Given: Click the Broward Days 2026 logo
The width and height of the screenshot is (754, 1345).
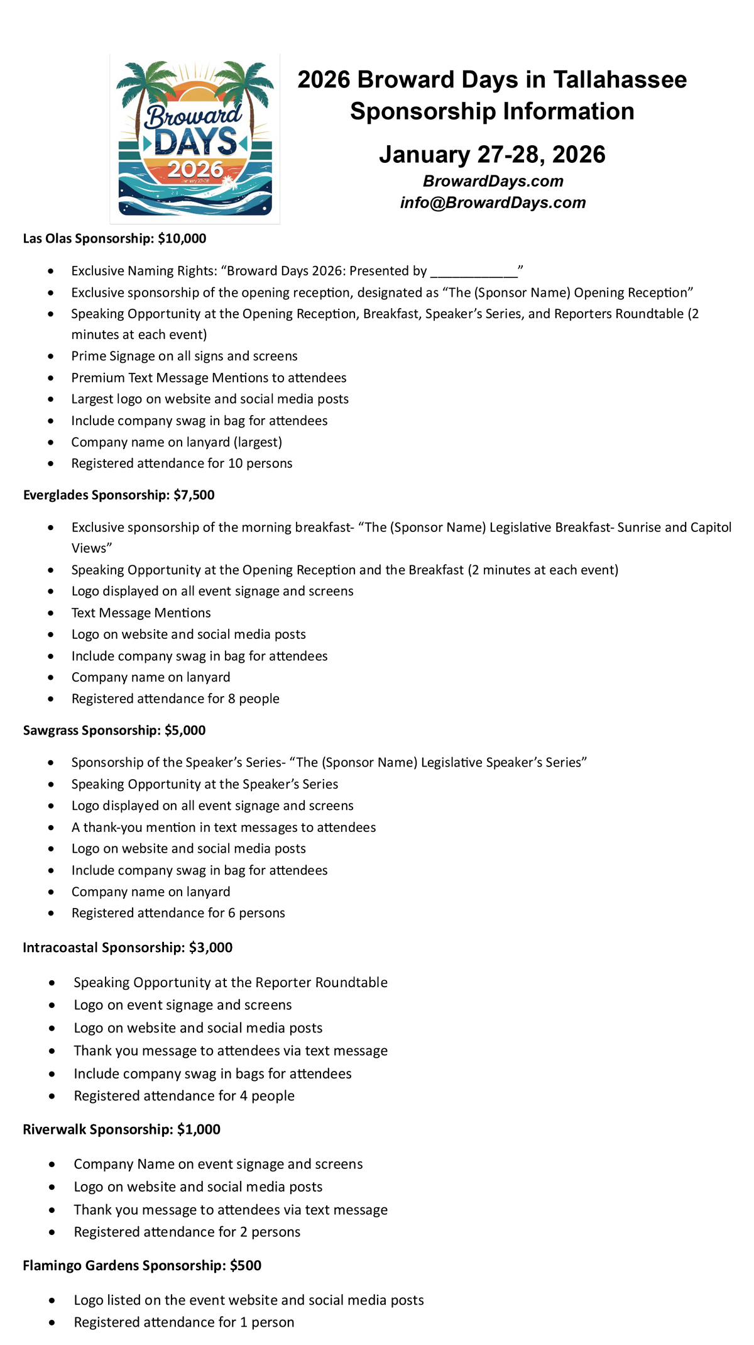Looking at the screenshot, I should pos(195,138).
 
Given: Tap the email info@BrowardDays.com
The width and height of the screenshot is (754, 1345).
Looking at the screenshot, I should pos(493,202).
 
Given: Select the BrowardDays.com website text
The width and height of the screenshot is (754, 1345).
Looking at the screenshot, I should pos(493,181).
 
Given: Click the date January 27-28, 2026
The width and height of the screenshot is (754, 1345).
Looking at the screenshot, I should pos(492,155).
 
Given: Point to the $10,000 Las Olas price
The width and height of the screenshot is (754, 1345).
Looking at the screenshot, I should pos(182,238).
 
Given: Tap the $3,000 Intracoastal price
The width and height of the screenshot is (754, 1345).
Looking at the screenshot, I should pos(210,948).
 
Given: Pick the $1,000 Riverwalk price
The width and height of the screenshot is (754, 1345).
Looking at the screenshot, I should pos(199,1129).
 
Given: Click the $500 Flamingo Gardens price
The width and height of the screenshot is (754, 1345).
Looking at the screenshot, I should pos(246,1265).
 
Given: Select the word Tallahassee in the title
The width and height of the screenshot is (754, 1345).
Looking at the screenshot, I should pos(620,80).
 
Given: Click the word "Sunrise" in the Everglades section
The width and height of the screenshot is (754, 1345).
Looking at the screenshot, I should pos(640,527).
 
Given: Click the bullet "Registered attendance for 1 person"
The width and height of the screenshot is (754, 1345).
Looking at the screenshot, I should pos(183,1322).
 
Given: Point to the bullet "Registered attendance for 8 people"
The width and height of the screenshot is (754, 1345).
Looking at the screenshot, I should pos(175,699).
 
